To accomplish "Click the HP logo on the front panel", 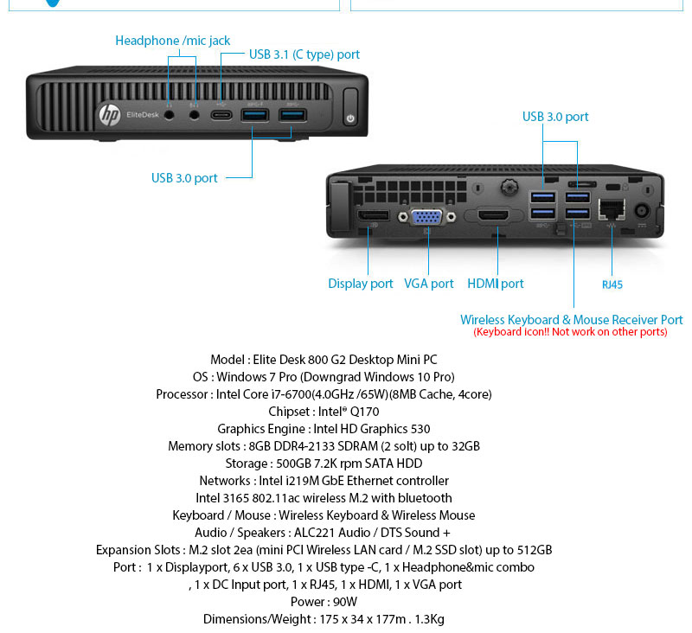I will (109, 113).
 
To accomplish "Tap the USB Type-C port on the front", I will (222, 113).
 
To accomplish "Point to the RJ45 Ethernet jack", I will (612, 209).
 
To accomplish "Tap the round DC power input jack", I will (643, 210).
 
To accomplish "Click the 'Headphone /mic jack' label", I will (173, 41).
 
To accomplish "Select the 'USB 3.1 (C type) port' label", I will (304, 54).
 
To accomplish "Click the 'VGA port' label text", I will (429, 284).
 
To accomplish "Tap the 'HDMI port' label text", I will (496, 284).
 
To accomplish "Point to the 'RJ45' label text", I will (612, 285).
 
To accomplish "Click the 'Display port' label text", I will (361, 284).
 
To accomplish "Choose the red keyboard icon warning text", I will (570, 332).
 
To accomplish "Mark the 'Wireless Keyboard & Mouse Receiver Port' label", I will (571, 320).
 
